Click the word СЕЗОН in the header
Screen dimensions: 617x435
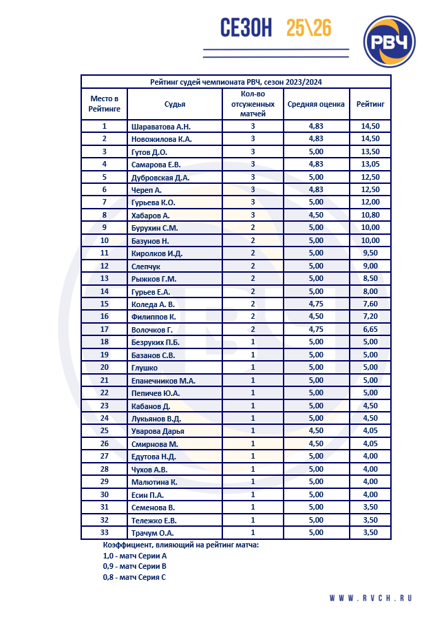click(x=246, y=28)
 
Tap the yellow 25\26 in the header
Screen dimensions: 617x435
click(x=309, y=28)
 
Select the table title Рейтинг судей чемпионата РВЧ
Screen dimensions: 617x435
click(x=236, y=82)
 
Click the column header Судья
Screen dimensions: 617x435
click(x=175, y=104)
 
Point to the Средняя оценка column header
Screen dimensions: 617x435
click(x=316, y=104)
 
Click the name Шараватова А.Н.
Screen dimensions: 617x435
click(x=160, y=127)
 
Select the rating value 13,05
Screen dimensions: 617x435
click(x=370, y=165)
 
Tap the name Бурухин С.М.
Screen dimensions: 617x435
click(x=155, y=228)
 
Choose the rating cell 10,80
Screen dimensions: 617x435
click(x=370, y=216)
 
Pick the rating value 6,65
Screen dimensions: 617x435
click(x=370, y=329)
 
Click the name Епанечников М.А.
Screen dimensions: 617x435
click(x=163, y=380)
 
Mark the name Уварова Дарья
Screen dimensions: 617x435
click(x=158, y=431)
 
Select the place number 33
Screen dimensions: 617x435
click(x=105, y=532)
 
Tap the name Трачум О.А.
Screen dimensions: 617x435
click(x=152, y=532)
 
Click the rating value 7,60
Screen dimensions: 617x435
click(x=370, y=304)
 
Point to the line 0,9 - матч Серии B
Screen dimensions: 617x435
click(x=134, y=567)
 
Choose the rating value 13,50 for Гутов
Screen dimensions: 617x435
click(x=370, y=151)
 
